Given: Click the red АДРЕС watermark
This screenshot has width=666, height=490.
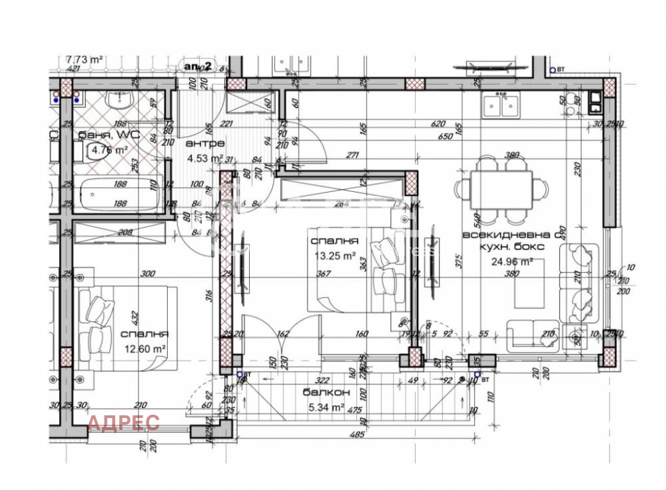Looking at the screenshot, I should pos(124,423).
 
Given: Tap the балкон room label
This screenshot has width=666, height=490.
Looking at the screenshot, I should pos(322,392).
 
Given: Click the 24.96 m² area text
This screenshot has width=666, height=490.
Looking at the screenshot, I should pos(512,261).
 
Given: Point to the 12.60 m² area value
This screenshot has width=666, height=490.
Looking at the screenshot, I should pos(144,348).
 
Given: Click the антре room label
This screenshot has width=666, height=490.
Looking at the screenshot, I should pos(205,143).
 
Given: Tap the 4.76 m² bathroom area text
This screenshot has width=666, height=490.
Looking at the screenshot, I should pos(110,150).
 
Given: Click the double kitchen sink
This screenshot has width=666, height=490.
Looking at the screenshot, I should pos(501,105).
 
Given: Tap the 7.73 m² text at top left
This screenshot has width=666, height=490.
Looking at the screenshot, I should pos(84,59).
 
